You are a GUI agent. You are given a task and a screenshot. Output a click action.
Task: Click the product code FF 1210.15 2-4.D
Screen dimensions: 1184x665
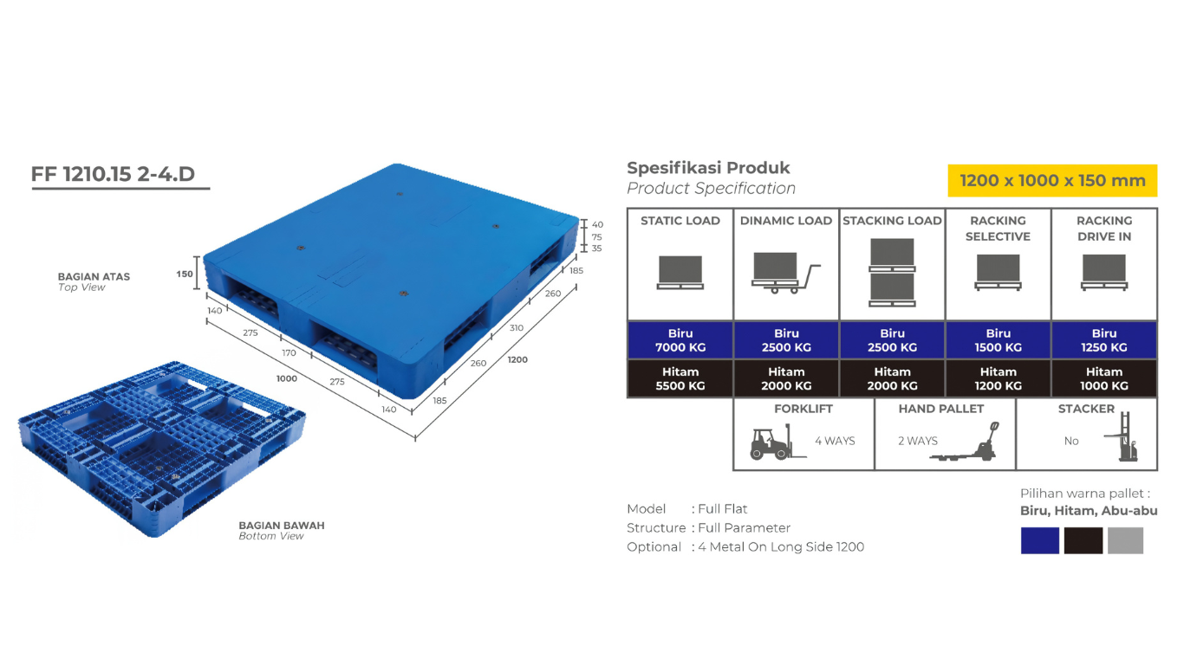114,174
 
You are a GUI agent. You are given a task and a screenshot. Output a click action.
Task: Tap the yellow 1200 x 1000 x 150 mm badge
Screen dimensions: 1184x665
1052,181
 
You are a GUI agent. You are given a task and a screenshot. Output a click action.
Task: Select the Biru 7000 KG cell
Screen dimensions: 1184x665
680,340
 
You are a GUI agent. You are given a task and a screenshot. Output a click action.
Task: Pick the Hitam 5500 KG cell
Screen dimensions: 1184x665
680,378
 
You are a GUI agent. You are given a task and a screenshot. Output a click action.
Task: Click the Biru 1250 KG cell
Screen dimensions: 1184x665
1104,340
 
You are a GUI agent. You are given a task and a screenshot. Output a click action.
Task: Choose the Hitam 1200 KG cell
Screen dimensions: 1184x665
998,378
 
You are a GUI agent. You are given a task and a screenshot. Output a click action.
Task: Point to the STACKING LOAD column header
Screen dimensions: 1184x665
892,221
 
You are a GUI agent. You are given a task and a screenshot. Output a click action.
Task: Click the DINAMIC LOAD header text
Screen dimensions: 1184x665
786,221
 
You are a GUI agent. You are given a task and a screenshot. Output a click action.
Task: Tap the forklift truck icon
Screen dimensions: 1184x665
777,442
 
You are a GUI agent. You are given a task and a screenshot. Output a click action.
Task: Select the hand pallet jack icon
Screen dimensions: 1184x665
966,442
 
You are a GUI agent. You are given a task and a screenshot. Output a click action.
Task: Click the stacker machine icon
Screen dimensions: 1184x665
1122,436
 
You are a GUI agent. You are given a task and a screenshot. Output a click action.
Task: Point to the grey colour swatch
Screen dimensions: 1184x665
1125,540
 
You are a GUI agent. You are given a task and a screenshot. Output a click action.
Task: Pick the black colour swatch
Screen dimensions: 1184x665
1083,540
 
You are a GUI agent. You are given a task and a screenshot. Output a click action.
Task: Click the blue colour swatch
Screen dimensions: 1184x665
1040,540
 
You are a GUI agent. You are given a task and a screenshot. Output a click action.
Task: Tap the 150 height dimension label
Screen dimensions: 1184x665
185,274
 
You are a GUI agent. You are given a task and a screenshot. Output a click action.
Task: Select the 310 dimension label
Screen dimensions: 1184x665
517,327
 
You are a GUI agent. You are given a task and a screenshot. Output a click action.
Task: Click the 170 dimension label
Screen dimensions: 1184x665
289,352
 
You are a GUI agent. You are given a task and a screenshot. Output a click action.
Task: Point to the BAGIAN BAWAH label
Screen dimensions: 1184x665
282,525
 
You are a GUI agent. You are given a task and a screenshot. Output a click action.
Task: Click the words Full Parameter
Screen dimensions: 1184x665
745,527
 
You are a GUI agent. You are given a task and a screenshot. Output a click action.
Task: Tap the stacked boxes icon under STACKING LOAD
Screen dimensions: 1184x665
892,273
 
